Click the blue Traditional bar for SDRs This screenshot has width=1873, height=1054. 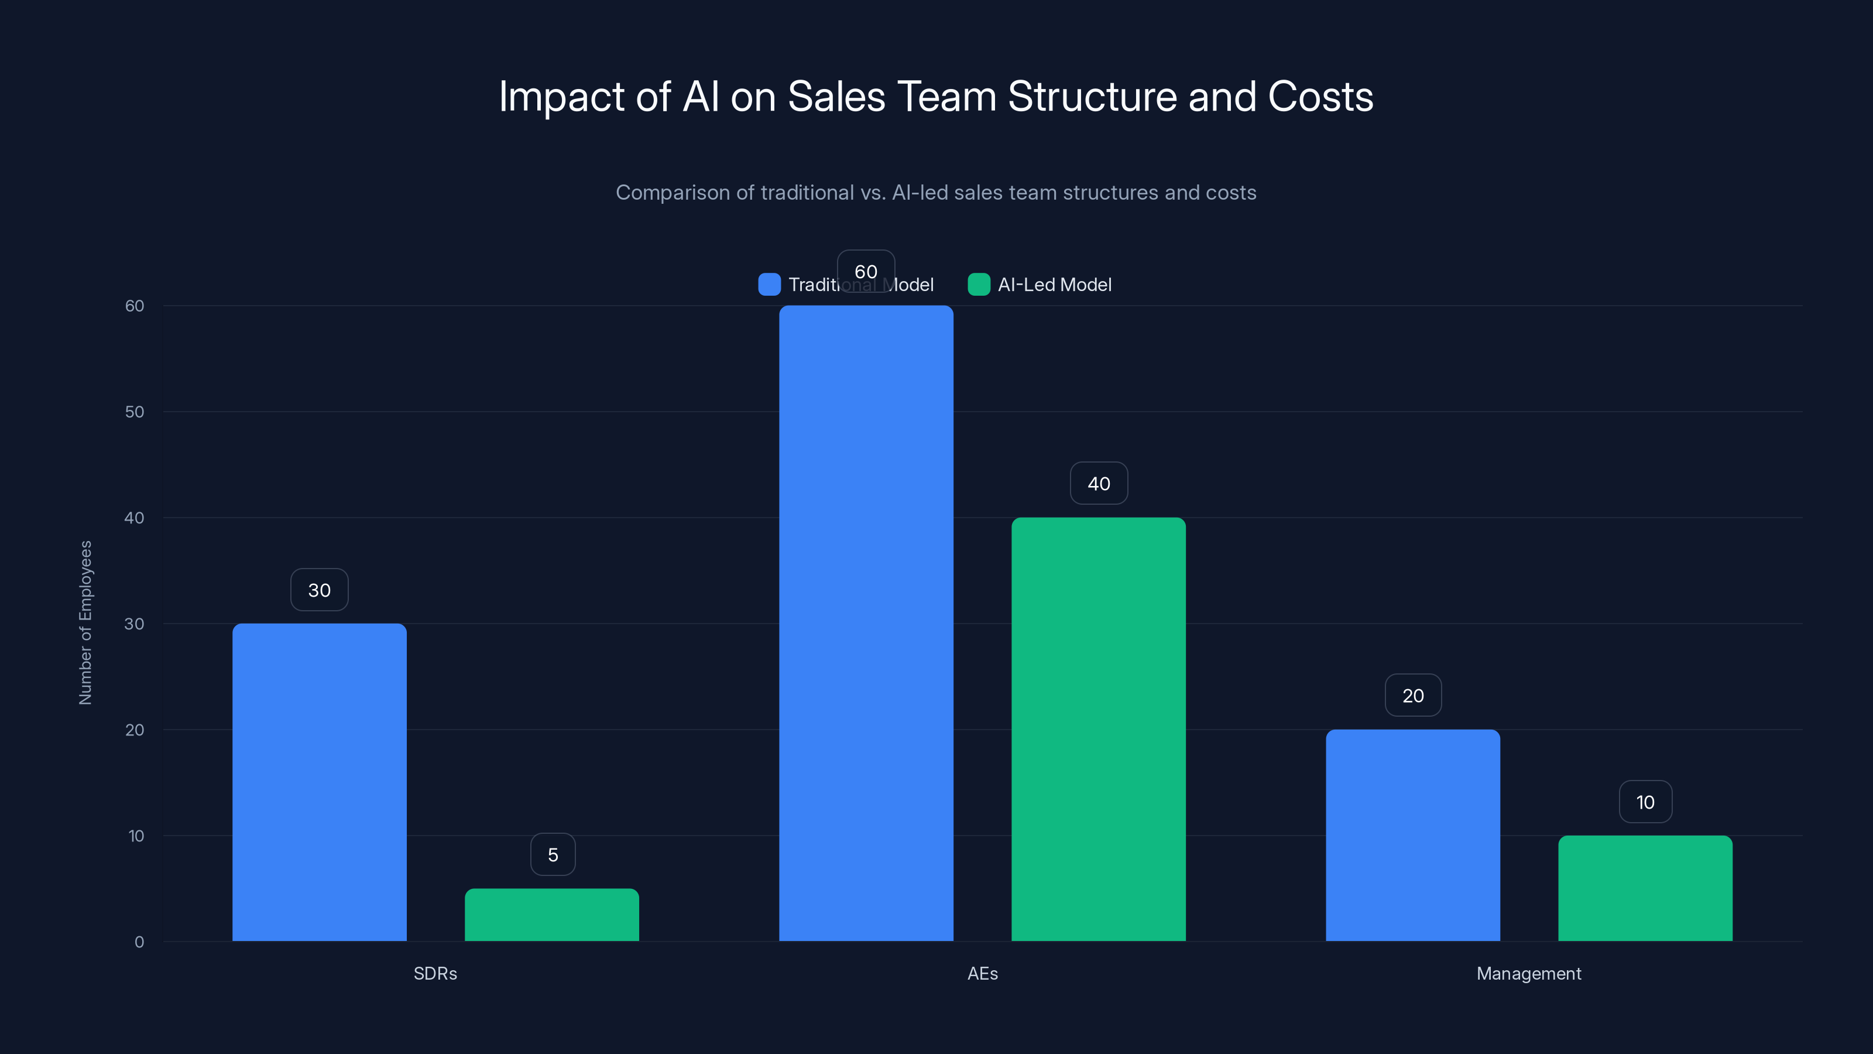click(x=319, y=782)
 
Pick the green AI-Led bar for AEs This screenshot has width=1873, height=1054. click(x=1098, y=729)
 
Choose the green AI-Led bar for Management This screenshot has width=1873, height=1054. click(x=1645, y=888)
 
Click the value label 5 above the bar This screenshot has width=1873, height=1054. click(x=553, y=855)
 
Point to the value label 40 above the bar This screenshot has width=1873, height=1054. click(x=1099, y=484)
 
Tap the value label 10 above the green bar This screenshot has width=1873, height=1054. click(x=1645, y=802)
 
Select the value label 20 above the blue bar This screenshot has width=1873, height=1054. click(x=1413, y=696)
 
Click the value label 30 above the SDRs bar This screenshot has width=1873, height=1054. click(x=319, y=590)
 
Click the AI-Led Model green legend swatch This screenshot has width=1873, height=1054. click(x=979, y=285)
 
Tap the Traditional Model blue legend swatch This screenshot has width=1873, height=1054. click(x=769, y=285)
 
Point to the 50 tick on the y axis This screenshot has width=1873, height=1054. click(x=135, y=412)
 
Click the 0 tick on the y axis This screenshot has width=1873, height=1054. click(x=139, y=942)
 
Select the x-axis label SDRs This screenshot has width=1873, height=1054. click(x=435, y=973)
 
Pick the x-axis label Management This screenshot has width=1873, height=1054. click(x=1528, y=973)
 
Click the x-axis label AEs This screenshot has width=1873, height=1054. click(x=982, y=973)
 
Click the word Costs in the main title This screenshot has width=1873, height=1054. click(x=1320, y=96)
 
